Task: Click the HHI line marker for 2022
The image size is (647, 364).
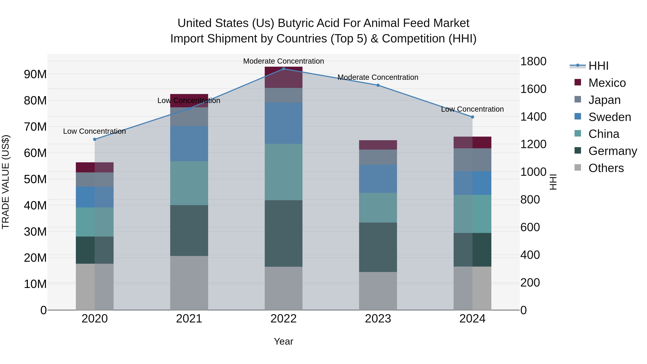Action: tap(284, 69)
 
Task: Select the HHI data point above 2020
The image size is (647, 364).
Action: tap(95, 139)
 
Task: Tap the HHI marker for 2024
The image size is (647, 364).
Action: tap(472, 117)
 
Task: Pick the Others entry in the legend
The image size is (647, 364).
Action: tap(606, 168)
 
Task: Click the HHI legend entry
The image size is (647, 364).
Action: tap(598, 66)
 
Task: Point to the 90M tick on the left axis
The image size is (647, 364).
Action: tap(35, 74)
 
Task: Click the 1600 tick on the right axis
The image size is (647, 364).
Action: tap(533, 89)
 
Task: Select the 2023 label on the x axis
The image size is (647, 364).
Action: tap(378, 319)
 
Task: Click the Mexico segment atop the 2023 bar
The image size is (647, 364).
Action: tap(378, 145)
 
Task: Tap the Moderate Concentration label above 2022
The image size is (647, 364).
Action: tap(284, 61)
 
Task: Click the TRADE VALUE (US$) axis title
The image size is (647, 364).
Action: tap(6, 182)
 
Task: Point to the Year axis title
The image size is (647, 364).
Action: tap(284, 341)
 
